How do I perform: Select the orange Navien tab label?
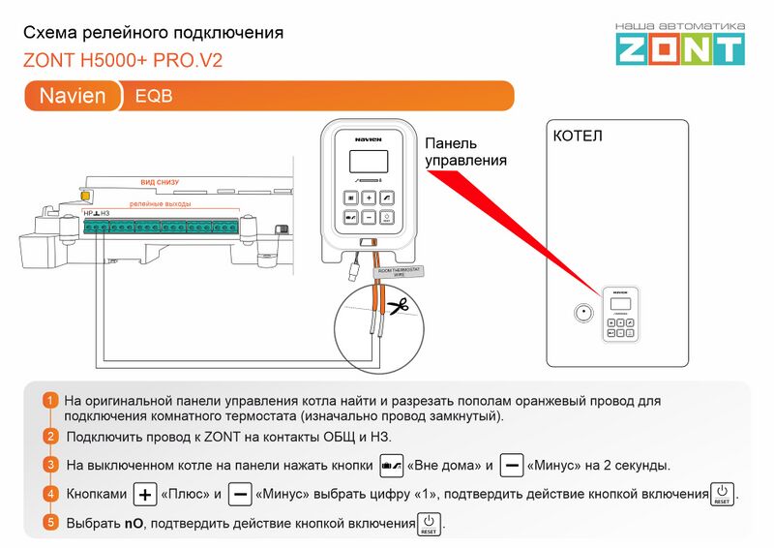(73, 96)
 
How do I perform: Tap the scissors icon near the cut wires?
(398, 307)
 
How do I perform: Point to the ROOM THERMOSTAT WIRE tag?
(398, 272)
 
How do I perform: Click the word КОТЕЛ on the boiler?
(577, 137)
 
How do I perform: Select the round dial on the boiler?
(582, 314)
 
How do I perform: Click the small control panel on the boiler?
(620, 314)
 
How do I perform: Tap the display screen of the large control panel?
(369, 163)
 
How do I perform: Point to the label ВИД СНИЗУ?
(160, 182)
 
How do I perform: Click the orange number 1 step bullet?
(50, 401)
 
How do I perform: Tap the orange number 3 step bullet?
(50, 465)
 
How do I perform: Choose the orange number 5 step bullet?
(50, 523)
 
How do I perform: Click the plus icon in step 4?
(144, 494)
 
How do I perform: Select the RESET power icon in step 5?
(429, 523)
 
